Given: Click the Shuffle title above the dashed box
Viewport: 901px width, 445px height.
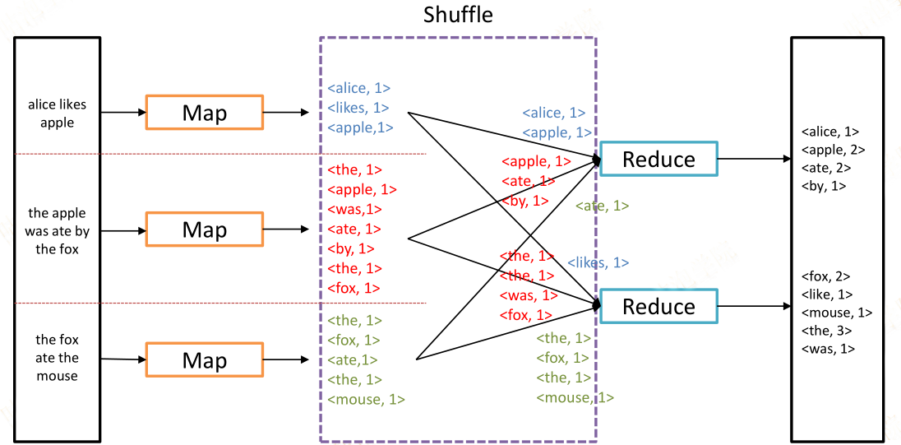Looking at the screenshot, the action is pyautogui.click(x=458, y=15).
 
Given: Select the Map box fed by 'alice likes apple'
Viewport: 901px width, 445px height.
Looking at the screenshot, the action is pyautogui.click(x=205, y=113).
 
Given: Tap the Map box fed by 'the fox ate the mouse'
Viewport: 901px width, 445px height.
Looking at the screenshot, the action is pyautogui.click(x=205, y=360).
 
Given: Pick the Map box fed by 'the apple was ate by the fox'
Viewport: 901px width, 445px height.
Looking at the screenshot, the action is pyautogui.click(x=205, y=229).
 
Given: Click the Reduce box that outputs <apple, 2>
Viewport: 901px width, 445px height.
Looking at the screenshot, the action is pyautogui.click(x=658, y=158).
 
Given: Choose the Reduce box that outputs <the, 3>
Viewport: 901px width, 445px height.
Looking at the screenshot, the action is pyautogui.click(x=658, y=306).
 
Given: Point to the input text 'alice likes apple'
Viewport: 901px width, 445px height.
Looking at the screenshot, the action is pyautogui.click(x=57, y=114).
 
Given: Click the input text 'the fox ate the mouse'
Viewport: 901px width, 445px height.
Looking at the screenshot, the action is pyautogui.click(x=57, y=358).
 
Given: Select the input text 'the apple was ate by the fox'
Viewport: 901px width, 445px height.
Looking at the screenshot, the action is pyautogui.click(x=57, y=232).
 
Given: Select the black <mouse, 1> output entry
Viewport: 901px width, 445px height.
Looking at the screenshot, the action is pyautogui.click(x=837, y=313).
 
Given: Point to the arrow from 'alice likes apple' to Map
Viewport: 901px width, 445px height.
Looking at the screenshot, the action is pyautogui.click(x=123, y=113).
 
